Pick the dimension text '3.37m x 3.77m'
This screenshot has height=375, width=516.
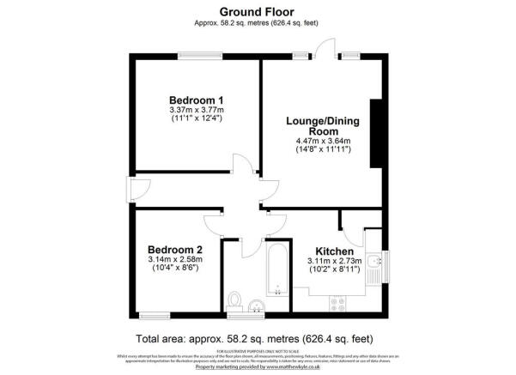pos(196,110)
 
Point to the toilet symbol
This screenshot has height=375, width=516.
pos(235,301)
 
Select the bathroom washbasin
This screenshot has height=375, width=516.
pos(256,305)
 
